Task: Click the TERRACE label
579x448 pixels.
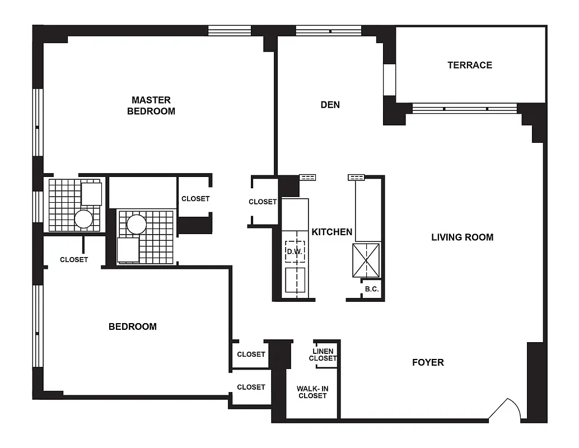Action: [x=470, y=65]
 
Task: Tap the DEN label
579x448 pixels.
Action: [x=330, y=105]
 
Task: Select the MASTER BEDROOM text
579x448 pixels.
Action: [x=151, y=105]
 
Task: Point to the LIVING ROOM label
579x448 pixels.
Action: [x=462, y=237]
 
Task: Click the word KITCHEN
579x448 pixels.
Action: [x=332, y=232]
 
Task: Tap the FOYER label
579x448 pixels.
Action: [x=428, y=362]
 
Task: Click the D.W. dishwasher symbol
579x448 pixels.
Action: [x=295, y=251]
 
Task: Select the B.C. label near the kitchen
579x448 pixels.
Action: [x=372, y=290]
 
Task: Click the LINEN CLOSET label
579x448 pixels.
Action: [x=323, y=355]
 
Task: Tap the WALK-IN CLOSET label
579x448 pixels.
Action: [x=312, y=392]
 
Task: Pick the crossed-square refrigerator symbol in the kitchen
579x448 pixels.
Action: [x=366, y=260]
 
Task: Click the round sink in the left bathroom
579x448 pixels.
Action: [x=83, y=218]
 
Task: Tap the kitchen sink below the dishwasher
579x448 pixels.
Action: [x=295, y=280]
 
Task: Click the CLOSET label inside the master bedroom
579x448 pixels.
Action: [x=195, y=199]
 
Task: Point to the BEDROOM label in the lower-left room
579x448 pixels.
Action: [x=133, y=326]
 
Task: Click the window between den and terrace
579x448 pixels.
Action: [x=389, y=80]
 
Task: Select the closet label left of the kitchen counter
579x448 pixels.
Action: [x=263, y=202]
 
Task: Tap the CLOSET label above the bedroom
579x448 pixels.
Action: [x=74, y=260]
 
